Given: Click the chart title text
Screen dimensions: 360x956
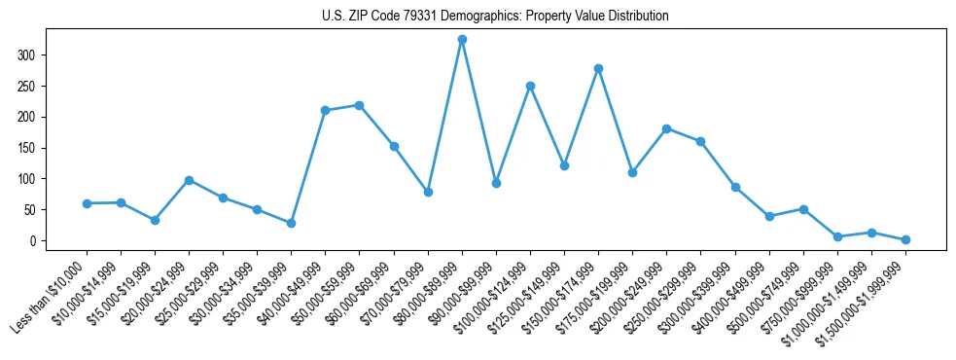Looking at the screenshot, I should [495, 17].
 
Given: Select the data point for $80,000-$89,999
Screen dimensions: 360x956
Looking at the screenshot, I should [462, 40].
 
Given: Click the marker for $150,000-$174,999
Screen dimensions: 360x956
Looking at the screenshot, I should [598, 68].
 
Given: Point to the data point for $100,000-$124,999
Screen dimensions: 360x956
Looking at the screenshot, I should [530, 86].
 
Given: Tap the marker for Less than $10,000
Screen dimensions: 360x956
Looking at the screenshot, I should [87, 203].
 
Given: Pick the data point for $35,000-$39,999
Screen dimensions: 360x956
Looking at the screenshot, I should [291, 224].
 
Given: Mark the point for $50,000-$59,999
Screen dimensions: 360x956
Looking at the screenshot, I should [360, 105].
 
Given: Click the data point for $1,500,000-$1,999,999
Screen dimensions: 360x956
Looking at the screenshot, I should [905, 239].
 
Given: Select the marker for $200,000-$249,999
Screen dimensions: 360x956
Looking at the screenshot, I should [666, 128].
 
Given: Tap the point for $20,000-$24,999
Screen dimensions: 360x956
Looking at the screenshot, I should [189, 180].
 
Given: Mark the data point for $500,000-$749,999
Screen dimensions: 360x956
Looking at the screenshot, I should [803, 209].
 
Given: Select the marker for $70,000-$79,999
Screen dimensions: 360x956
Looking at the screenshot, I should [428, 193].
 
